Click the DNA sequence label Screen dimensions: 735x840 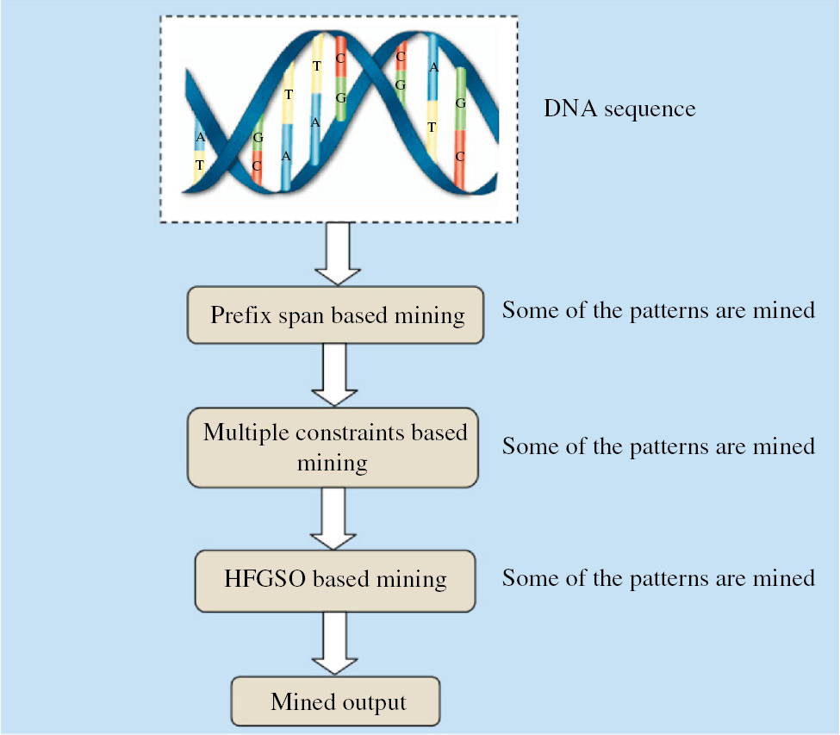(619, 109)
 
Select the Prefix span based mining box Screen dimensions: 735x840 (333, 315)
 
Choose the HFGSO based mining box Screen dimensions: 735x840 (333, 578)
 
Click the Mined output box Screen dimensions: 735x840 (336, 701)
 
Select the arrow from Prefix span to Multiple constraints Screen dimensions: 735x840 (333, 374)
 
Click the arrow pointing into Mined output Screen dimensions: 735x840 (333, 642)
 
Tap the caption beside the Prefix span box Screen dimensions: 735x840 (658, 310)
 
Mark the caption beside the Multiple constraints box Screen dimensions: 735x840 (658, 446)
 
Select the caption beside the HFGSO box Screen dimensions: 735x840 (658, 577)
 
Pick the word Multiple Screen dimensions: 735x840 (244, 433)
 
